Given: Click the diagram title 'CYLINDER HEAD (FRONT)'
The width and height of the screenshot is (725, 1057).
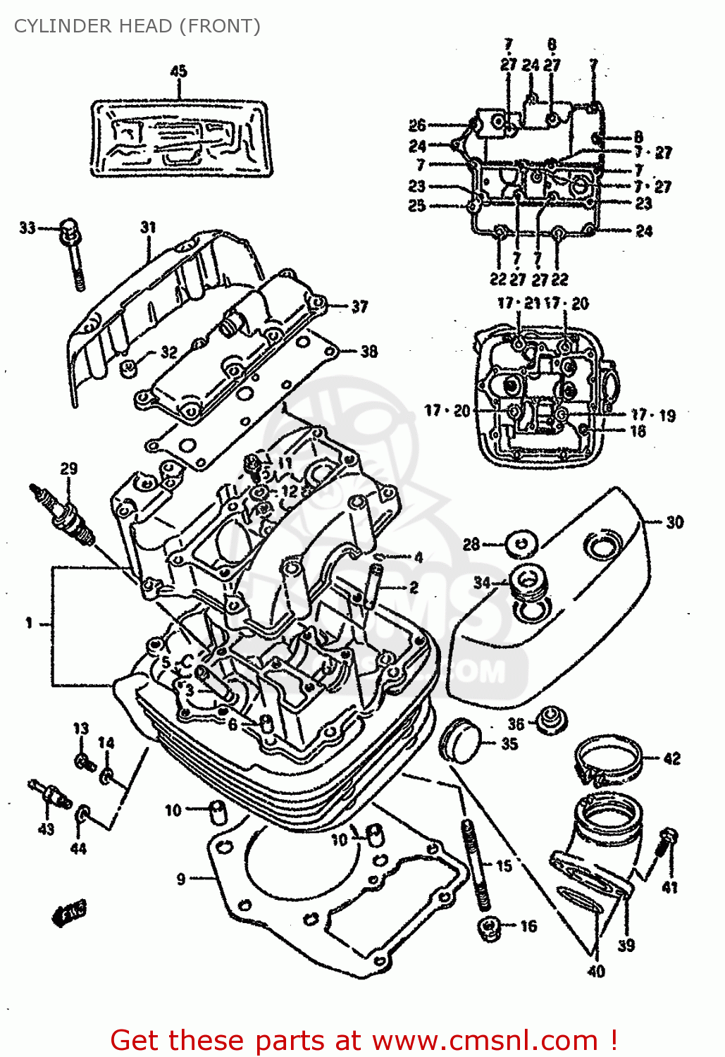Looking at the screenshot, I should click(x=137, y=26).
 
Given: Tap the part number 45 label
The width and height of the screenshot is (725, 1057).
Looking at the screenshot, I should click(x=178, y=71).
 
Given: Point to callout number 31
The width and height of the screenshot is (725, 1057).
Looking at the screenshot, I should click(x=148, y=227).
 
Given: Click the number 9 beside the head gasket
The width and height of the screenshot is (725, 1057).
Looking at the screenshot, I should click(x=181, y=879).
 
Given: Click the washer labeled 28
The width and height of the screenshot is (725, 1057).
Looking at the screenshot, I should click(x=521, y=544).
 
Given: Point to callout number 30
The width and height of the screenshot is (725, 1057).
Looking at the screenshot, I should click(x=674, y=522).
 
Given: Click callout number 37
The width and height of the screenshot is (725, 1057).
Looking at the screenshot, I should click(x=359, y=307).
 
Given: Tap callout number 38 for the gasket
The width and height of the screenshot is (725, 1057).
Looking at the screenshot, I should click(x=368, y=351).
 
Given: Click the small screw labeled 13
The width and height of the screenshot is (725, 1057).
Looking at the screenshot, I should click(x=84, y=761).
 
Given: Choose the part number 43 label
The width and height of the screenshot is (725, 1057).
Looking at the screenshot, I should click(x=46, y=829).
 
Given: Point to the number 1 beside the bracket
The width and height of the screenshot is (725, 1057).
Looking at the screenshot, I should click(x=29, y=623).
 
